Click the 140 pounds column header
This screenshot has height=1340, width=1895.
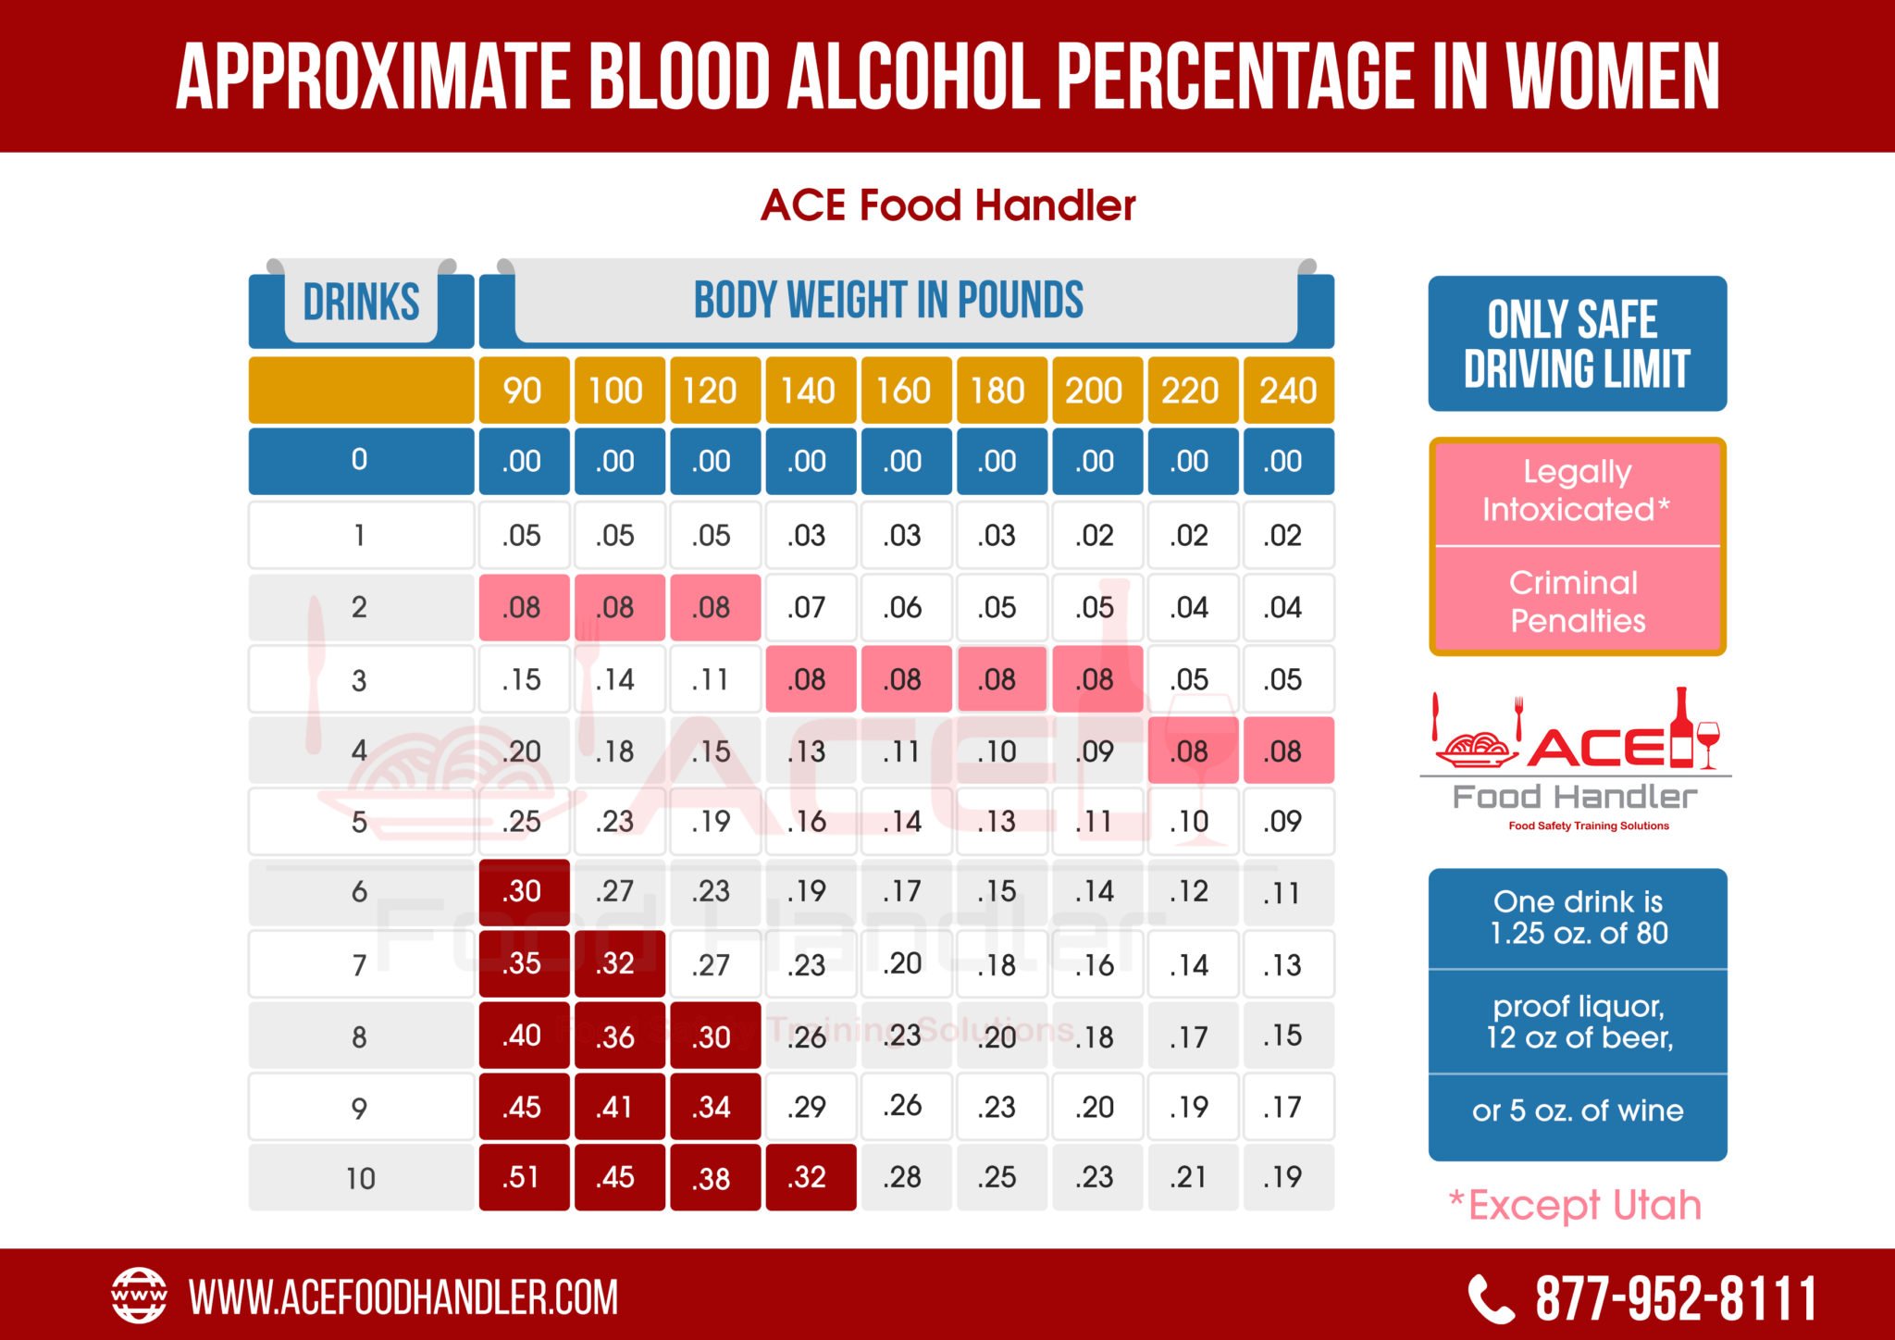tap(808, 391)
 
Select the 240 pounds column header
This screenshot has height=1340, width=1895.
tap(1287, 391)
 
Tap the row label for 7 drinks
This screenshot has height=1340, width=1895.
tap(360, 965)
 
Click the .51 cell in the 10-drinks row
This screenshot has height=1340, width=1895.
tap(523, 1177)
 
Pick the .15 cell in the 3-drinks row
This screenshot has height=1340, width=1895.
tap(523, 679)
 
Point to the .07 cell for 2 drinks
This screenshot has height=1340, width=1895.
tap(808, 607)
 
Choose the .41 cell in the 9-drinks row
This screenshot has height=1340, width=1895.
tap(617, 1107)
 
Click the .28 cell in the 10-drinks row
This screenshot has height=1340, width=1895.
tap(903, 1177)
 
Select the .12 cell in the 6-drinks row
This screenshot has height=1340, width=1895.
tap(1191, 891)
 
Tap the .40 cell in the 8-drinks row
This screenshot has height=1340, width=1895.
tap(523, 1036)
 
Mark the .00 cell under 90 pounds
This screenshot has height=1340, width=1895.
tap(523, 461)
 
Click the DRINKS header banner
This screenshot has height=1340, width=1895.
tap(361, 303)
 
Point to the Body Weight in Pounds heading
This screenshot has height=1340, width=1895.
tap(888, 301)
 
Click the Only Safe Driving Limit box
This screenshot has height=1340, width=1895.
tap(1577, 343)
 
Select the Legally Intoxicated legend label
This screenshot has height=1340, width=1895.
tap(1577, 491)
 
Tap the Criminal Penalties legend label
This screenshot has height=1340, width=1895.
tap(1577, 602)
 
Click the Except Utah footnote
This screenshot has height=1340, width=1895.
tap(1575, 1205)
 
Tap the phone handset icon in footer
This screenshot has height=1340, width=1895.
tap(1491, 1299)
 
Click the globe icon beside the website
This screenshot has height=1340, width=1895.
tap(139, 1296)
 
